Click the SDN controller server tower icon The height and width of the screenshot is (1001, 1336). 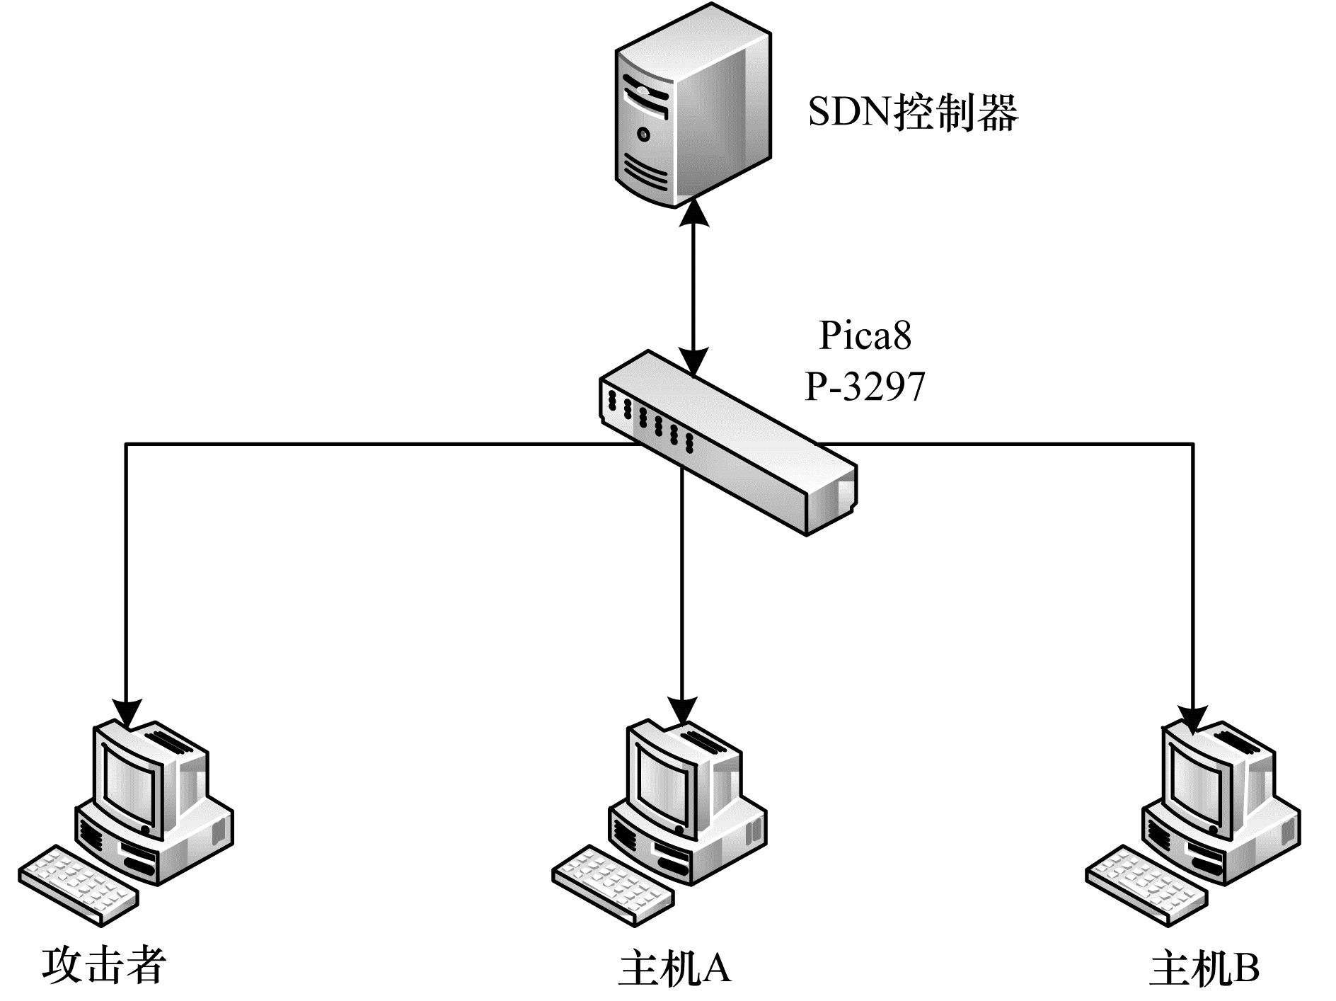[x=692, y=106]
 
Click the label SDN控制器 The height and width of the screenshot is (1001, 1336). [x=913, y=113]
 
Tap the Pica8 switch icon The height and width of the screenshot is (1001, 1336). [x=729, y=442]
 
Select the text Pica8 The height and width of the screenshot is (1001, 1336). [x=865, y=336]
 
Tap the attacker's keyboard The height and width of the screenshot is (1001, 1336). [x=78, y=885]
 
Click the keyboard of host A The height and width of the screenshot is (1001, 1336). [x=611, y=885]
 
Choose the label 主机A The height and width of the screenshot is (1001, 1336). [x=674, y=968]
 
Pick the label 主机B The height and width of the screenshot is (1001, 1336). [x=1205, y=968]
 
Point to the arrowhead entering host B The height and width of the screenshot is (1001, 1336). [x=1194, y=719]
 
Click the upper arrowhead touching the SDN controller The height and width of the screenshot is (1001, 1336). [x=693, y=211]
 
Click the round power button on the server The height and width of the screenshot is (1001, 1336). [x=643, y=134]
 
